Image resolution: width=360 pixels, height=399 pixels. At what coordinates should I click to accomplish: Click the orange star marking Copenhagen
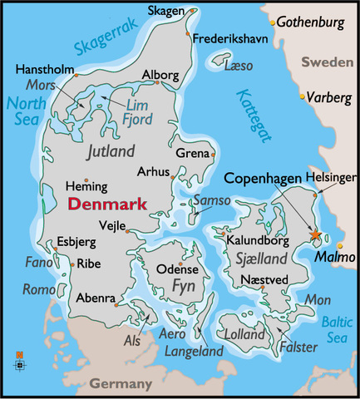pos(316,236)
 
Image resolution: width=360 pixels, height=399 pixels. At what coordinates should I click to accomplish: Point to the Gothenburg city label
pos(312,20)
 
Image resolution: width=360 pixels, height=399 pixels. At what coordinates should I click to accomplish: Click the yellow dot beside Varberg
pos(303,97)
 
